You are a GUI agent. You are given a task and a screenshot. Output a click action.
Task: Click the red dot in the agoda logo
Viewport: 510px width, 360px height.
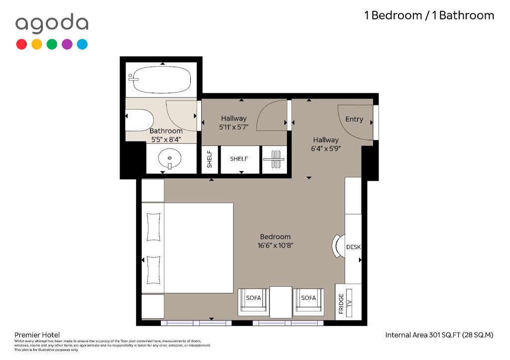[21, 44]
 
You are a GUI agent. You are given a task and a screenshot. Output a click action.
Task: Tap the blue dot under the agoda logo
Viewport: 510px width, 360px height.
[82, 44]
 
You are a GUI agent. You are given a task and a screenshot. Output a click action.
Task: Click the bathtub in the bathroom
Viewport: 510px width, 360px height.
[161, 80]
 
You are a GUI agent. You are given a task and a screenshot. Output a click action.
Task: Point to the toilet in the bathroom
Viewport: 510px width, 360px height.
[139, 120]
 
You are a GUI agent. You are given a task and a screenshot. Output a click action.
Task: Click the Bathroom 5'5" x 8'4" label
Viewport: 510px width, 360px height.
[166, 135]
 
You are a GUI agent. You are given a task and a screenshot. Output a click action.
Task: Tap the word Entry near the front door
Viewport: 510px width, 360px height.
[354, 119]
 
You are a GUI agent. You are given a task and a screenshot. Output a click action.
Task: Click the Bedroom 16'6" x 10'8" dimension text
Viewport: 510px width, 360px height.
[275, 241]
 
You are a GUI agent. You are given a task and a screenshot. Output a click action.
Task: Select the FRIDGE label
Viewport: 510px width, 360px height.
[341, 304]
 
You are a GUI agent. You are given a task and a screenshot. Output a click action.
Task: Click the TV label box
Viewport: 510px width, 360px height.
[349, 303]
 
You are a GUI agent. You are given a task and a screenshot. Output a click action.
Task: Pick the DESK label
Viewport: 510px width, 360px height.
[353, 247]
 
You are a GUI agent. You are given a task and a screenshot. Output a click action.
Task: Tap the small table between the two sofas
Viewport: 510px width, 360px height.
[281, 302]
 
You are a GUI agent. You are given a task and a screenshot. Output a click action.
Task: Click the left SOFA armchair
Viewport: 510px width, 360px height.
[254, 302]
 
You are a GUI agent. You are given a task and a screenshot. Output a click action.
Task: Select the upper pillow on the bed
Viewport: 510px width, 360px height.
[153, 227]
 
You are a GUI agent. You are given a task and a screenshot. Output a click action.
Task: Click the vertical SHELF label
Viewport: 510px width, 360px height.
[210, 159]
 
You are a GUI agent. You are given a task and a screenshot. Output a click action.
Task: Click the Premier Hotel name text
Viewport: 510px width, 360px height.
[37, 335]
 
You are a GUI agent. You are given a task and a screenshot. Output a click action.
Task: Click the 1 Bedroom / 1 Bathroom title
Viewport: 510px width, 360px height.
[429, 15]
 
